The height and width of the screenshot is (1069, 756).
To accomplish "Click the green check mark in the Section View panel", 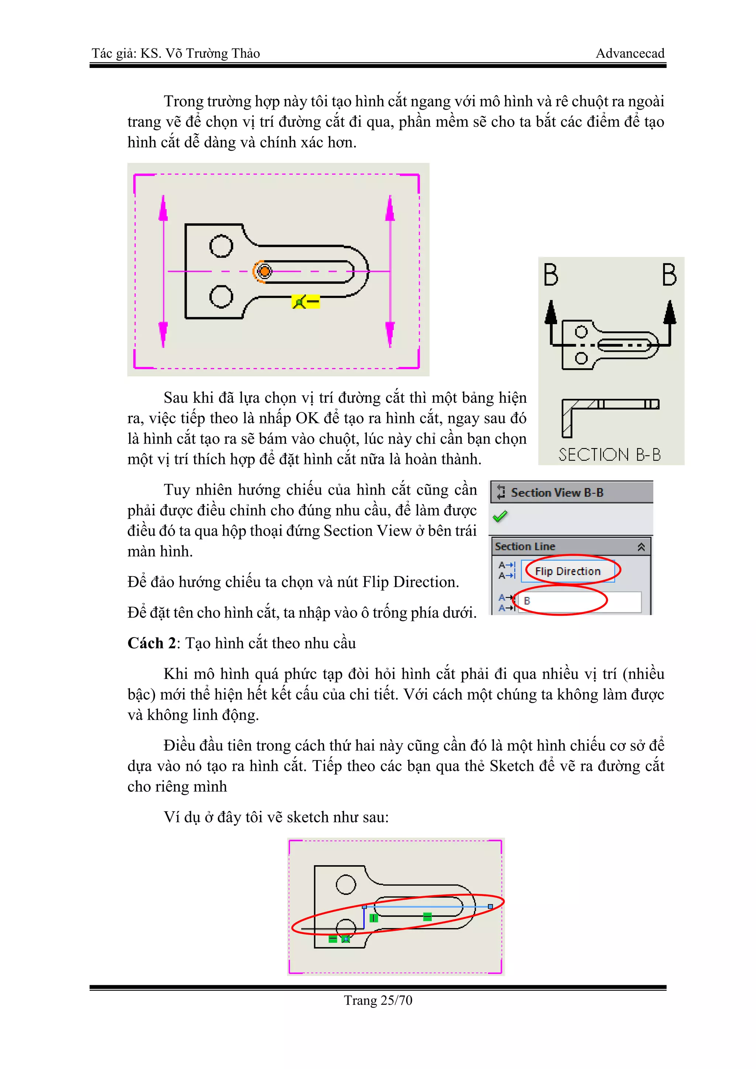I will [500, 516].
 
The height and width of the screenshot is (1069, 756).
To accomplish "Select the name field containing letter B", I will [580, 601].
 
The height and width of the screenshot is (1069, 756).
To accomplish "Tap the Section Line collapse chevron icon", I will [641, 547].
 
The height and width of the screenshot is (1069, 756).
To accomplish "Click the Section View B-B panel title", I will [557, 492].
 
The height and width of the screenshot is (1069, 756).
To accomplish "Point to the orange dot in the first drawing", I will [264, 271].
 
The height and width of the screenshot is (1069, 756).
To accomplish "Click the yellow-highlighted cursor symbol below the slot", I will [305, 302].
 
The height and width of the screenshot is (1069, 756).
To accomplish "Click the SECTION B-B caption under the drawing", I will [609, 454].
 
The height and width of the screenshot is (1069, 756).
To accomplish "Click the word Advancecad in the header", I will [630, 54].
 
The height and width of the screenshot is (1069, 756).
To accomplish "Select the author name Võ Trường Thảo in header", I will [212, 54].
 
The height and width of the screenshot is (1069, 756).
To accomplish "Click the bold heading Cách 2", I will [151, 643].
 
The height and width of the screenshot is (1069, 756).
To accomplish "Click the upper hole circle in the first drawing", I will [221, 246].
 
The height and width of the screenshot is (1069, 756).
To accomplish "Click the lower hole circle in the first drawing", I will [221, 296].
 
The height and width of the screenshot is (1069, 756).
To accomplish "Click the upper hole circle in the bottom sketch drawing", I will [346, 884].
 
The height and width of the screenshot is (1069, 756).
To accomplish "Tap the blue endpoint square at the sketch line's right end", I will [490, 907].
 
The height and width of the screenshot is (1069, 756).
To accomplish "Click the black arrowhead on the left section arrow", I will [551, 312].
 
